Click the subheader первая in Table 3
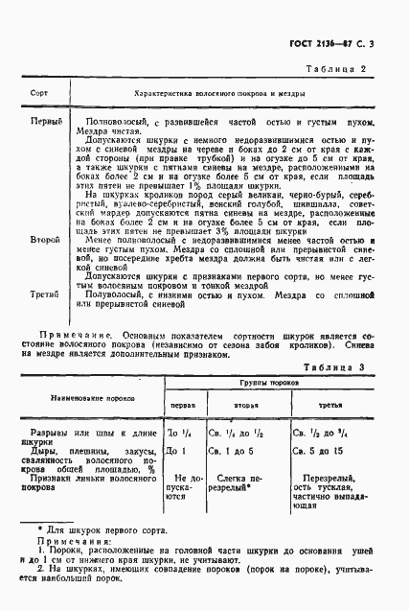[x=182, y=379]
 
